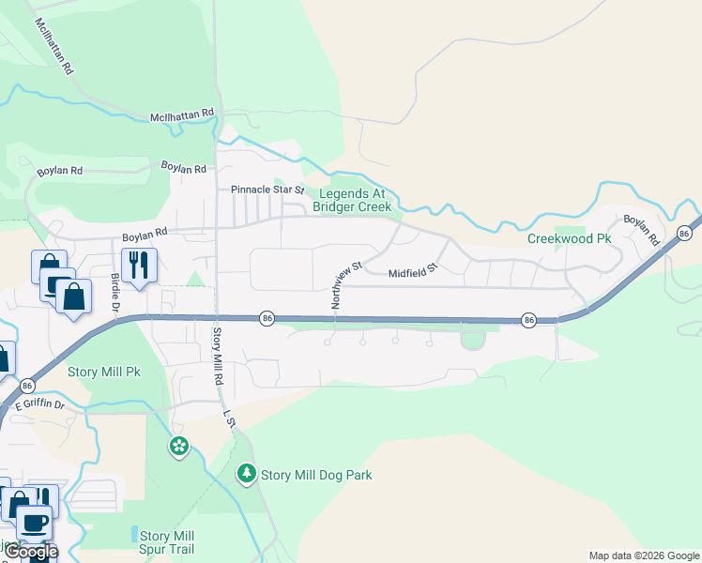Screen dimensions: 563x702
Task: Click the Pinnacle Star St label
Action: [268, 190]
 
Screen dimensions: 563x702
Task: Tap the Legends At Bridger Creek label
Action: [351, 200]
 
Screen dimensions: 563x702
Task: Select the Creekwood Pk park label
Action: [569, 239]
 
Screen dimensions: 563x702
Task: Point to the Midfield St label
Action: [414, 272]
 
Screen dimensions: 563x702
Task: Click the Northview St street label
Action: [344, 286]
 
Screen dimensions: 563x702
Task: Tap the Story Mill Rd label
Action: [218, 357]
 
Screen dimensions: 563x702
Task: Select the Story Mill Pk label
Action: [103, 372]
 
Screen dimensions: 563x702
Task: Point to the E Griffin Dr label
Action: [40, 404]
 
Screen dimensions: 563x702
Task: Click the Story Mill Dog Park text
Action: [316, 475]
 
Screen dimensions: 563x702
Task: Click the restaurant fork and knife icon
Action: [139, 265]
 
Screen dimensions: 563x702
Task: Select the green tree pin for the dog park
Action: [247, 473]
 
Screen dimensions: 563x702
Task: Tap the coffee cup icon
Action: [35, 522]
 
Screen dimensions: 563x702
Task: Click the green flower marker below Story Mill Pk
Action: [178, 446]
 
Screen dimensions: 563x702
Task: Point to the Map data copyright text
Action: [644, 555]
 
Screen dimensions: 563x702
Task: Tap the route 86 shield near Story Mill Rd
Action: [267, 319]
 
